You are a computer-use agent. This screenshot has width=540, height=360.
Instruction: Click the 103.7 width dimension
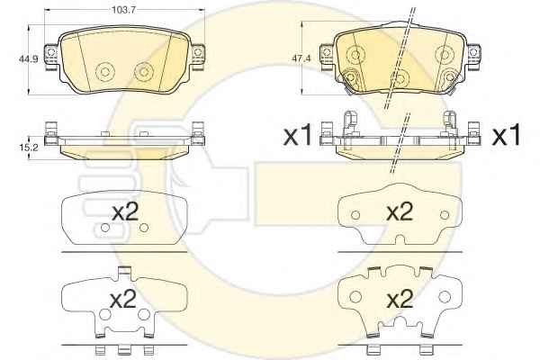[123, 9]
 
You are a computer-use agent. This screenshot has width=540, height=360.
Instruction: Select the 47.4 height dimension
[301, 58]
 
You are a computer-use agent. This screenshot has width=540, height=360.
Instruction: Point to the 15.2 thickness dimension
[26, 148]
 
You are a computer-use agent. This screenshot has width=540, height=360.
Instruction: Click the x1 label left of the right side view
[298, 136]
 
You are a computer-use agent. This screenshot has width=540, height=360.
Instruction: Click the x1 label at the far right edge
[507, 136]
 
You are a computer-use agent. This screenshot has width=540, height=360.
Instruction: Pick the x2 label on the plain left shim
[125, 211]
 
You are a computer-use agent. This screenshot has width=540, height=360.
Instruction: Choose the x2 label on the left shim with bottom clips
[123, 299]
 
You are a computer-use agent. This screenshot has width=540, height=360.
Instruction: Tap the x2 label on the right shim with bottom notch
[400, 211]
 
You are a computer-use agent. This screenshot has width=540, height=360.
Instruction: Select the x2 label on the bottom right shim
[400, 299]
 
